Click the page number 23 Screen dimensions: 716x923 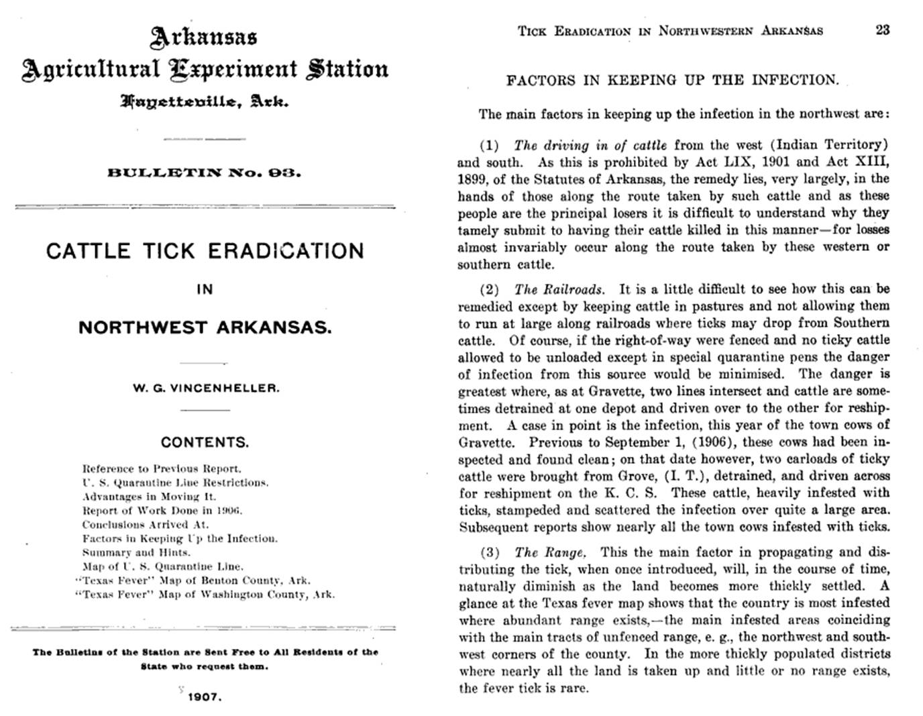(x=882, y=30)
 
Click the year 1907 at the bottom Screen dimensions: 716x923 (x=204, y=697)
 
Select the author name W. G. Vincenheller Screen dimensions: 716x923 (x=205, y=388)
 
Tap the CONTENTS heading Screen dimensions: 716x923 (x=205, y=442)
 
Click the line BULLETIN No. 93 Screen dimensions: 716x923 (x=205, y=172)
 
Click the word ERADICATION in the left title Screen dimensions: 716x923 (x=286, y=251)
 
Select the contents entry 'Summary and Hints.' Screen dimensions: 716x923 (x=136, y=552)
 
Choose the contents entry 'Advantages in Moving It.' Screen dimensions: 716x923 (x=149, y=497)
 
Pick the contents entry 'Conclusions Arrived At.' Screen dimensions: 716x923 (x=145, y=524)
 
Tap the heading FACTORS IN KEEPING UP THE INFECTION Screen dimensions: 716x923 (x=672, y=81)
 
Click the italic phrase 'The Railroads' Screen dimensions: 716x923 (x=559, y=290)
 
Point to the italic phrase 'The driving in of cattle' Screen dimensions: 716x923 (x=590, y=145)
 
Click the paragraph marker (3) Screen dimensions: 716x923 (x=490, y=553)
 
